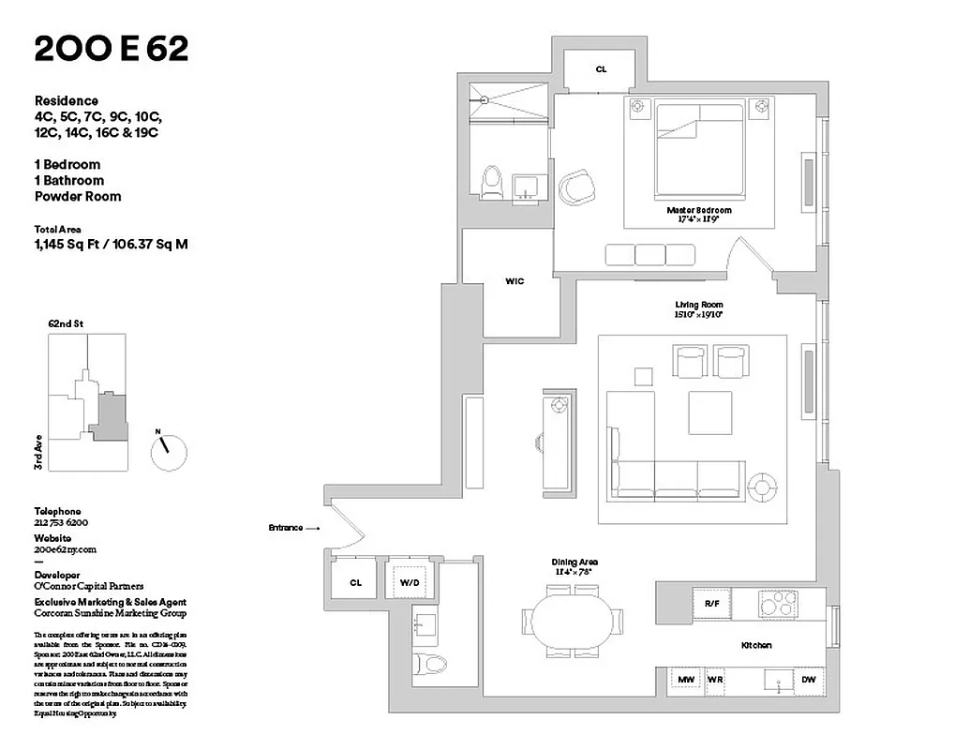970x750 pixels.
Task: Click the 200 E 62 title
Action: tap(112, 50)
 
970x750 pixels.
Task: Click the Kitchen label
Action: tap(755, 646)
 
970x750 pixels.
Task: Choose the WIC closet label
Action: tap(515, 281)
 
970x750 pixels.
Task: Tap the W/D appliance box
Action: tap(410, 582)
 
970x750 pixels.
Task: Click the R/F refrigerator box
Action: tap(711, 604)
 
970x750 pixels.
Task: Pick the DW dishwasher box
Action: tap(808, 680)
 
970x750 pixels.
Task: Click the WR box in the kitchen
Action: tap(716, 680)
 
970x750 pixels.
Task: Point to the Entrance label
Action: tap(286, 528)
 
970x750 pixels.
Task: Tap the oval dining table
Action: tap(571, 621)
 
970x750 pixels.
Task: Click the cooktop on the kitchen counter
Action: tap(778, 604)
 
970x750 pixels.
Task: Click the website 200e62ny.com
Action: tap(66, 550)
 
